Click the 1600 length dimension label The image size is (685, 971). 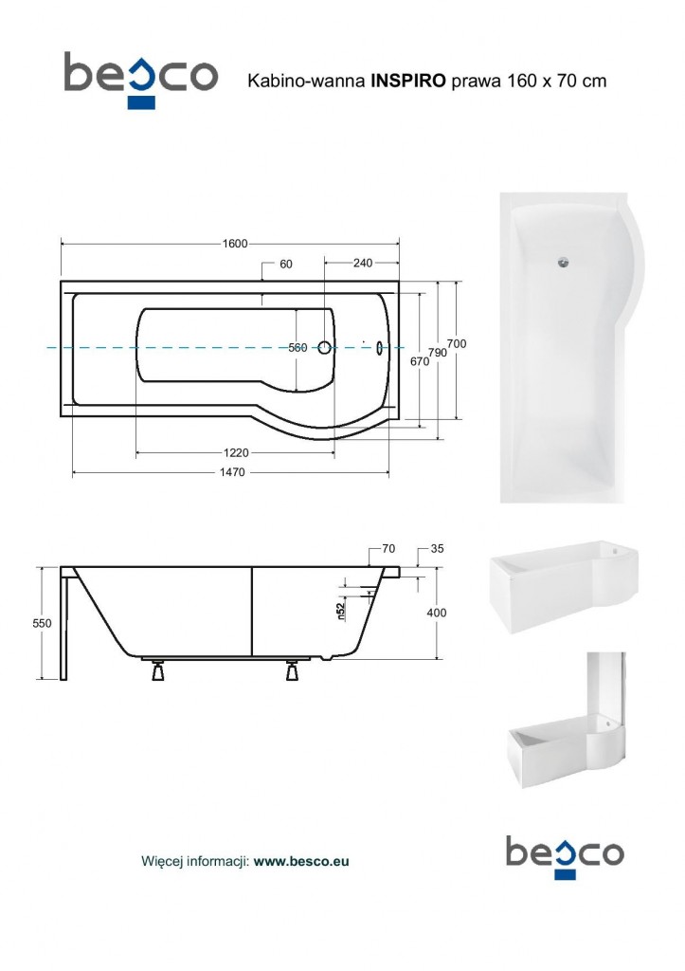(x=235, y=244)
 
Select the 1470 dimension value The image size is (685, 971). (x=232, y=472)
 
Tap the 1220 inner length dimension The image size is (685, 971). (x=236, y=452)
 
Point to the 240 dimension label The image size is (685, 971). (x=363, y=264)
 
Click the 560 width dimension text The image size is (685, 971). (x=297, y=347)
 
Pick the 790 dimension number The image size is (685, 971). (x=438, y=353)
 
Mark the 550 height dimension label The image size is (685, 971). (x=42, y=624)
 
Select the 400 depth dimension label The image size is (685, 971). (x=436, y=613)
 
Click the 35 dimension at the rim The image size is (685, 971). (x=437, y=549)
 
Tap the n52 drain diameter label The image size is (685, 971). (x=340, y=612)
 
